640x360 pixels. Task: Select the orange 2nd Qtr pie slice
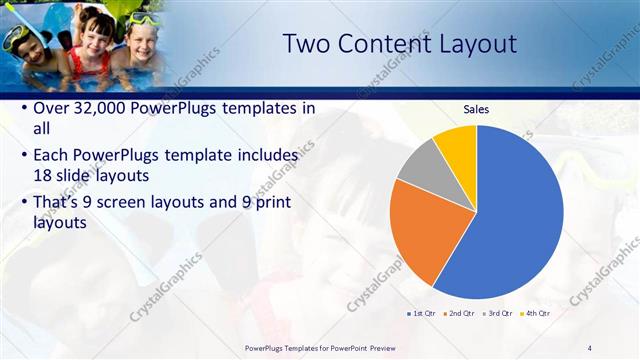[421, 230]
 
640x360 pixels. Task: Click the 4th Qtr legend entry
[535, 313]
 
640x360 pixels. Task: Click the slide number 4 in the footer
[590, 348]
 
